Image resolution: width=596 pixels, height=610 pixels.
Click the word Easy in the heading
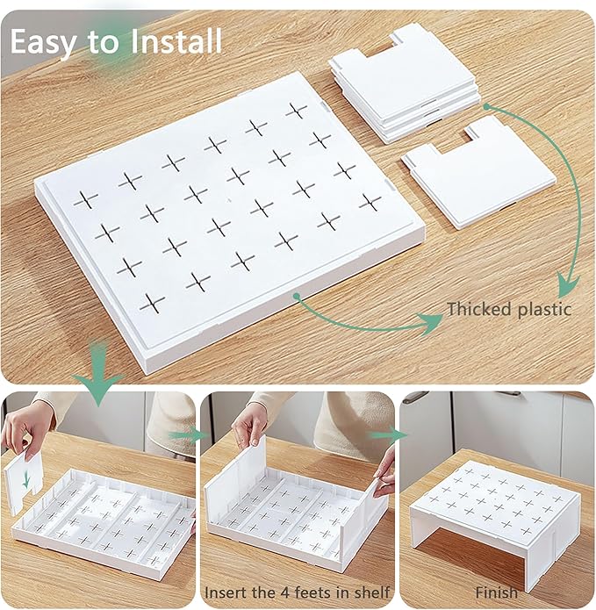tap(42, 42)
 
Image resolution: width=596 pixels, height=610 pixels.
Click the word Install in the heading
tap(176, 40)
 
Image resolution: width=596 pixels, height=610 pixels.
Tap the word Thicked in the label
tap(479, 309)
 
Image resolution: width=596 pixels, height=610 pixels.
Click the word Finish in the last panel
tap(497, 592)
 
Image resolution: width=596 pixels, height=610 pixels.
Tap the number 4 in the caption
tap(285, 592)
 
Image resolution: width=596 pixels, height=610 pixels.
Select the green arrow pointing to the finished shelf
tap(388, 434)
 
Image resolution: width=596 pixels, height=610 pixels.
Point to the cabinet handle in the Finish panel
tap(413, 396)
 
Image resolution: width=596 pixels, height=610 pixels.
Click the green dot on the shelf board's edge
tap(297, 297)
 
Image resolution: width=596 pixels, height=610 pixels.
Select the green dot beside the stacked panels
tap(486, 106)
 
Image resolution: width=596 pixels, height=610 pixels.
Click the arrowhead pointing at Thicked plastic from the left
tap(431, 322)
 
